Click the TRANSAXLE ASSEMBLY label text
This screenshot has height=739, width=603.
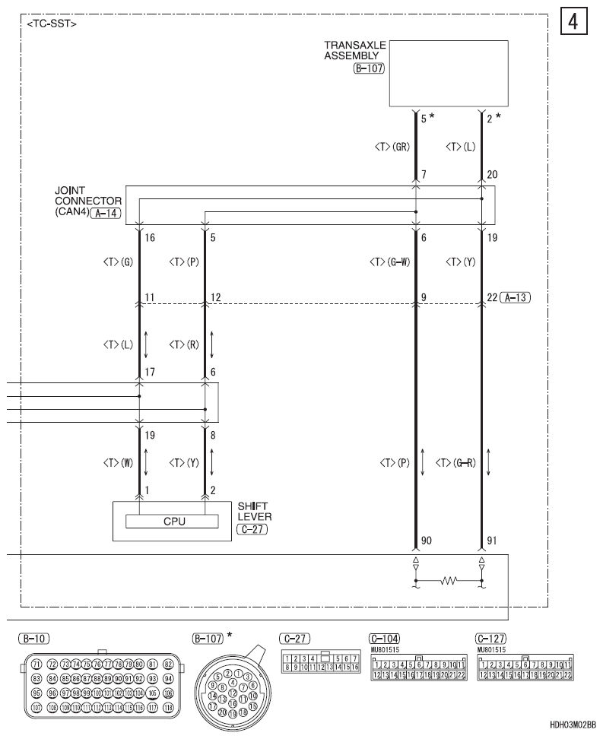tap(354, 50)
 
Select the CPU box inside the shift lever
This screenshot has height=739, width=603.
tap(172, 522)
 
